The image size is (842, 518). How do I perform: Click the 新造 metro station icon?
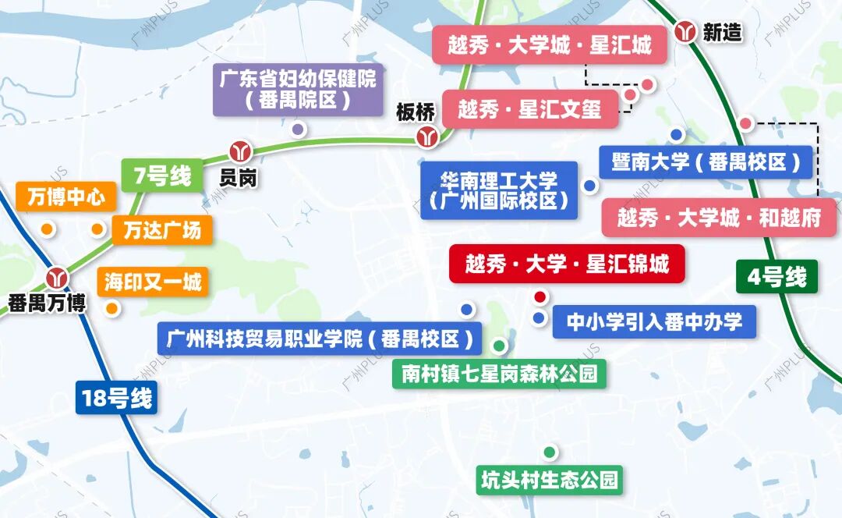point(686,32)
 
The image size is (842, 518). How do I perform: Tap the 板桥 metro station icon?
point(426,138)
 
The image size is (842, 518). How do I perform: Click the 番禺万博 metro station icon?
point(56,277)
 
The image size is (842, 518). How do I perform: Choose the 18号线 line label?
point(116,399)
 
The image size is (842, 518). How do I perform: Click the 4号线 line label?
point(776,277)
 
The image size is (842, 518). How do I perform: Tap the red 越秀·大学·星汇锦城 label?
point(567,264)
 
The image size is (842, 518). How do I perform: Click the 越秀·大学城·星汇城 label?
point(550,45)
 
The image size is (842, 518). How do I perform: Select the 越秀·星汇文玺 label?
point(530,109)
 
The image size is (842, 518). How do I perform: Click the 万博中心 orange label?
point(65,197)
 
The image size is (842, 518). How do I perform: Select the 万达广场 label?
point(161,229)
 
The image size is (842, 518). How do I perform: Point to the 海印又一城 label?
point(153,282)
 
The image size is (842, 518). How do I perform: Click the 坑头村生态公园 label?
point(550,480)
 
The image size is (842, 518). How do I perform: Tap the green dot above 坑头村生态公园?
point(550,452)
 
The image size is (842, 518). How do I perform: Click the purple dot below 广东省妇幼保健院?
point(297,129)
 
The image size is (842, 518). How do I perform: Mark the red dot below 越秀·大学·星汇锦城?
point(540,296)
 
